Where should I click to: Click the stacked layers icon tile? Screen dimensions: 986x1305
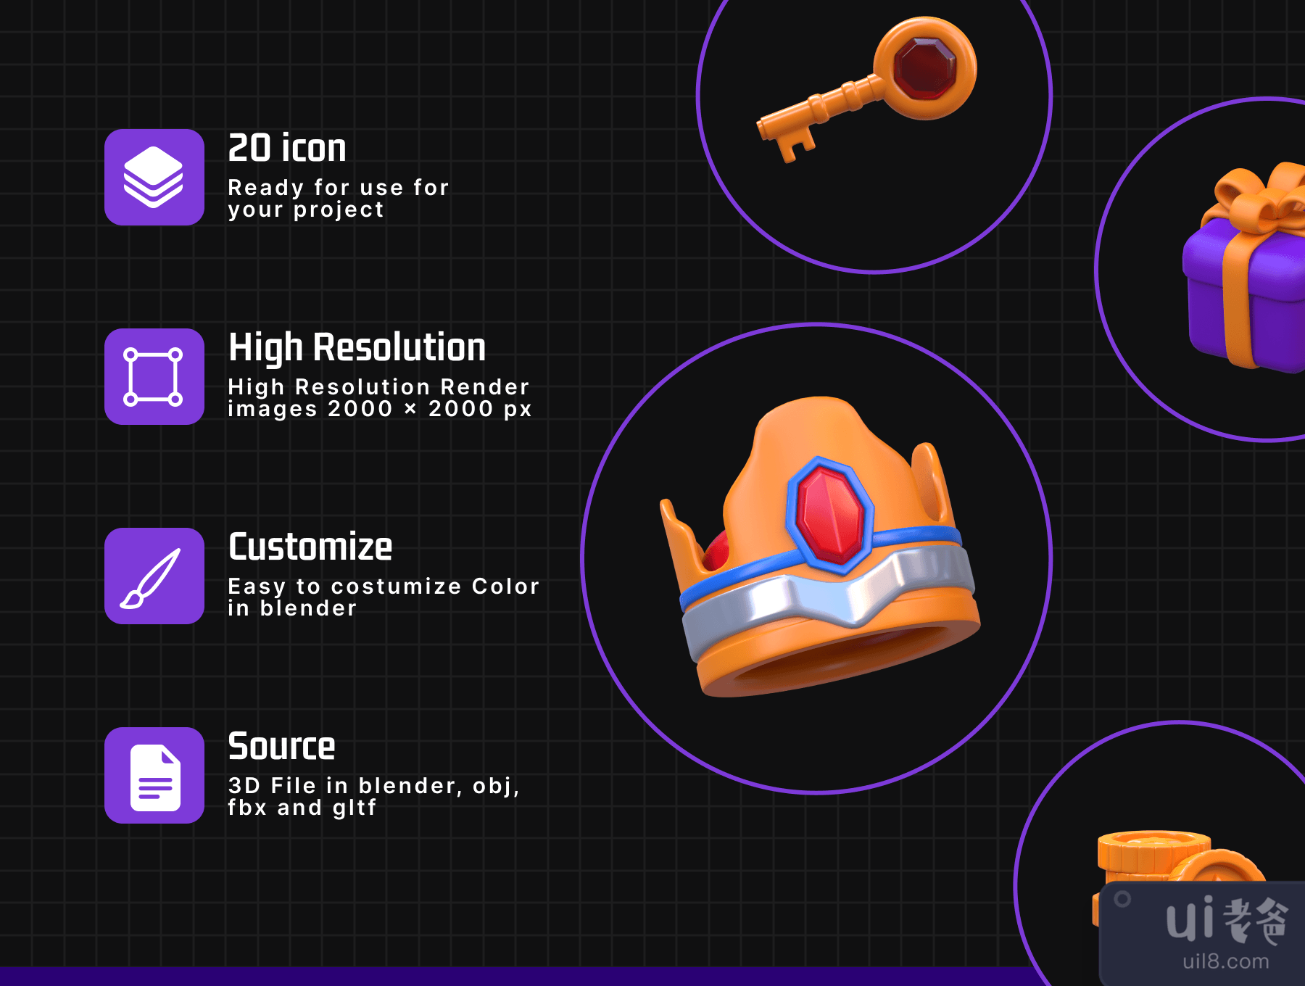pyautogui.click(x=154, y=177)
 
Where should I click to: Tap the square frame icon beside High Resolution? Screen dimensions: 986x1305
pyautogui.click(x=154, y=376)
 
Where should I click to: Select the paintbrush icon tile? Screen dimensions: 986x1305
pyautogui.click(x=154, y=576)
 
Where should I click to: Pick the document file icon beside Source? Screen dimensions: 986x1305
pyautogui.click(x=154, y=775)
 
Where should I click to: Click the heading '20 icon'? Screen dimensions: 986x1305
pyautogui.click(x=287, y=148)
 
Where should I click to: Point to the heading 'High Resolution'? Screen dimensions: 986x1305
pyautogui.click(x=357, y=347)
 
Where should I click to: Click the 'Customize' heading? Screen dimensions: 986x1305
pyautogui.click(x=310, y=547)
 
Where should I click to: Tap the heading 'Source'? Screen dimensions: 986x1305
pyautogui.click(x=281, y=746)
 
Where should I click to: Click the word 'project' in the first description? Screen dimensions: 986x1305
pyautogui.click(x=339, y=210)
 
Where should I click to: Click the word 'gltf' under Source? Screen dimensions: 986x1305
pyautogui.click(x=355, y=808)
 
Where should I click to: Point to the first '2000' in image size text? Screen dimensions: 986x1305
pyautogui.click(x=360, y=409)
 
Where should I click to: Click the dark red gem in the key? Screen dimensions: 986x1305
pyautogui.click(x=925, y=68)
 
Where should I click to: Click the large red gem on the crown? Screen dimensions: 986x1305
pyautogui.click(x=830, y=515)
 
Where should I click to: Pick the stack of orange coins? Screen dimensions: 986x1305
pyautogui.click(x=1153, y=855)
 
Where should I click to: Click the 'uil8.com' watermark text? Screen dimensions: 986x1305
pyautogui.click(x=1225, y=961)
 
